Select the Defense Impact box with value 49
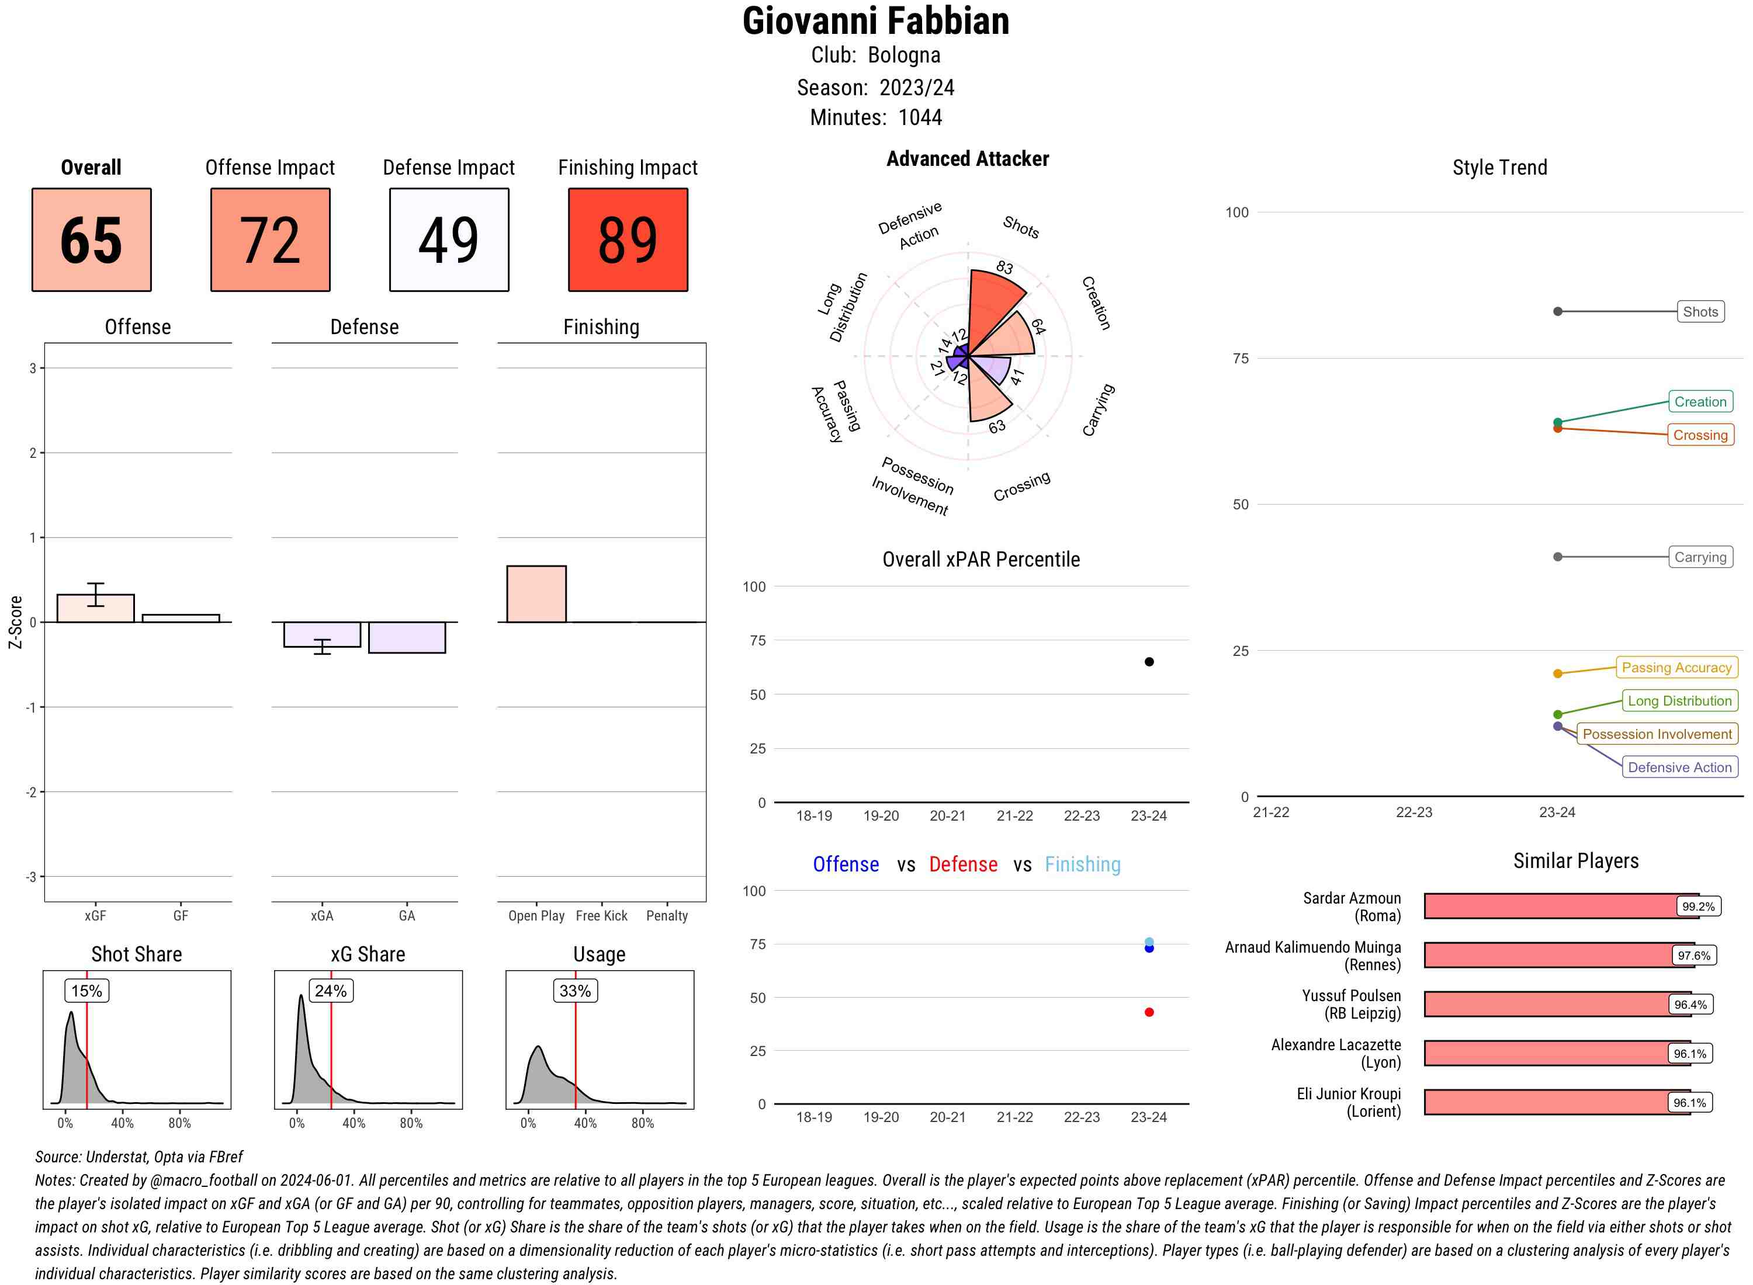click(x=449, y=239)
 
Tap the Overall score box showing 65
click(x=91, y=239)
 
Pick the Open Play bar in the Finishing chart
click(x=536, y=594)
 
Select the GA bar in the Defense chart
click(x=407, y=637)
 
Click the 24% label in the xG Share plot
click(x=331, y=990)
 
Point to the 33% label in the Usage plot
click(x=575, y=990)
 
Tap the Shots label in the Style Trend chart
click(x=1699, y=312)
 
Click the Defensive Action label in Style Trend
click(x=1679, y=767)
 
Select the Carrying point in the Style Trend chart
click(x=1557, y=557)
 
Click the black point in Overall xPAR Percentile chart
click(x=1148, y=662)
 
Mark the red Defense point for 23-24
click(x=1148, y=1012)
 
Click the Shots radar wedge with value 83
click(x=997, y=298)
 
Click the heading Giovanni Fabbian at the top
click(x=875, y=21)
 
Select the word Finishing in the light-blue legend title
click(x=1082, y=864)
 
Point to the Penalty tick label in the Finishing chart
click(x=667, y=915)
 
